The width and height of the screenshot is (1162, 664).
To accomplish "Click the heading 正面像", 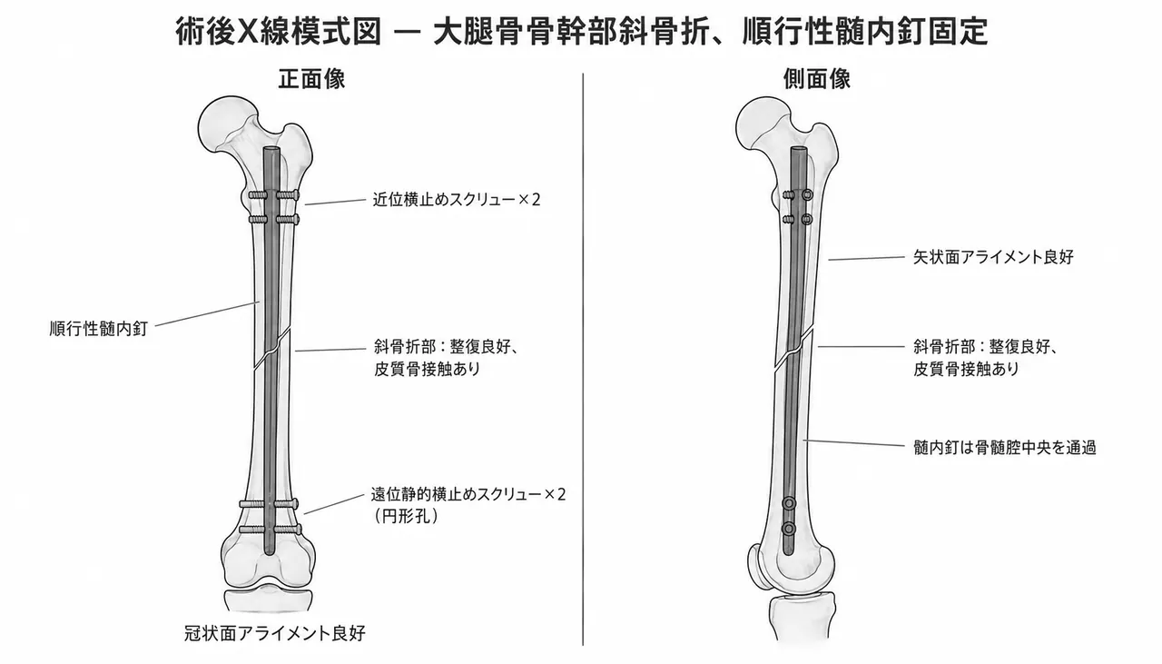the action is pyautogui.click(x=311, y=79).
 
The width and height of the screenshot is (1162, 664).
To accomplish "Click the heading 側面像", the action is pyautogui.click(x=816, y=79).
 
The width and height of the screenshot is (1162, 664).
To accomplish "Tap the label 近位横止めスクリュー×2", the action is pyautogui.click(x=457, y=200).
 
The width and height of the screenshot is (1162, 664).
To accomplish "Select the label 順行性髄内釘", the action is pyautogui.click(x=99, y=329).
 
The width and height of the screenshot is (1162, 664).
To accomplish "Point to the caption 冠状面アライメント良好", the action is pyautogui.click(x=275, y=633).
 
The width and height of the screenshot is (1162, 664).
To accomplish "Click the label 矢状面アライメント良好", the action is pyautogui.click(x=993, y=257).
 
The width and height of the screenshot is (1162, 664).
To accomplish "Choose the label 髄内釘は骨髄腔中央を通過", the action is pyautogui.click(x=1005, y=448).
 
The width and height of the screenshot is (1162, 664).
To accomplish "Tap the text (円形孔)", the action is pyautogui.click(x=406, y=517).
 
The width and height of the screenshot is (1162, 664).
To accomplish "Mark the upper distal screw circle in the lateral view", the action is pyautogui.click(x=789, y=503).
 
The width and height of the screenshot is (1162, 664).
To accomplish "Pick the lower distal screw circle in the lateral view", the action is pyautogui.click(x=789, y=529).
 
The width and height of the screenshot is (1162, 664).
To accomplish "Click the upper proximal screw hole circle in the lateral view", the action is pyautogui.click(x=807, y=195).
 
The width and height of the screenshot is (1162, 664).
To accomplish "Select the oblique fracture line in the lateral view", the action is pyautogui.click(x=793, y=350).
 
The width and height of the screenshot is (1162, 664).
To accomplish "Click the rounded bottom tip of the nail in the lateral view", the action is pyautogui.click(x=789, y=554).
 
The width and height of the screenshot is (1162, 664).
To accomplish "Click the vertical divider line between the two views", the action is pyautogui.click(x=583, y=360).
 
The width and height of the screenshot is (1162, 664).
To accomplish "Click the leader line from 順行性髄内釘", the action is pyautogui.click(x=207, y=313).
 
